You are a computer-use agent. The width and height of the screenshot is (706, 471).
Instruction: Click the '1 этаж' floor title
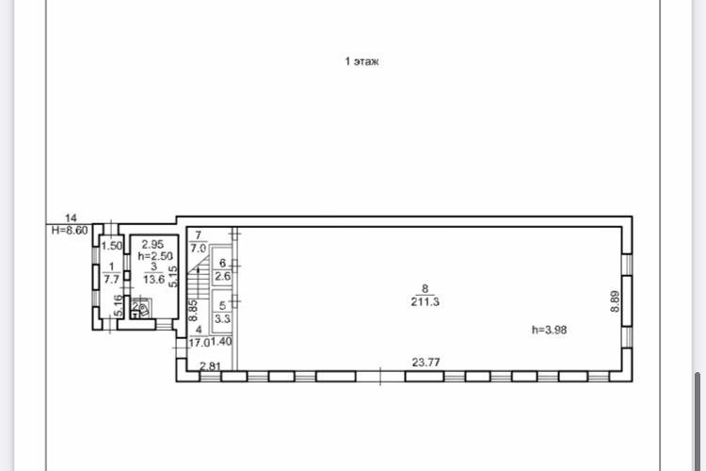coord(361,61)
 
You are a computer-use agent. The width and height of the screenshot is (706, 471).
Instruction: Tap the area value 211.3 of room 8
coord(425,302)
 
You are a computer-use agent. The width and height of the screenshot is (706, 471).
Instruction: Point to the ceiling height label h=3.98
coord(550,330)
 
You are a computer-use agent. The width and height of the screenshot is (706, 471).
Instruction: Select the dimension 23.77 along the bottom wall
coord(425,362)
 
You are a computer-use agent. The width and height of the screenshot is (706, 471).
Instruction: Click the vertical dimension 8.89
coord(615,301)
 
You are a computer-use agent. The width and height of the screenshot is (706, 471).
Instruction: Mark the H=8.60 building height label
coord(70,230)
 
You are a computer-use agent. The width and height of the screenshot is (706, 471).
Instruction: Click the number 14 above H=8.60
coord(71,219)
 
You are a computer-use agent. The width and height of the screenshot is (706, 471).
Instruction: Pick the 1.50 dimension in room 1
coord(112,246)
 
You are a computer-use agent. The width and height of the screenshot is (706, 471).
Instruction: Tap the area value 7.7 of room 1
coord(112,280)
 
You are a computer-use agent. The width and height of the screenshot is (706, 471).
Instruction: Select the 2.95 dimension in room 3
coord(152,244)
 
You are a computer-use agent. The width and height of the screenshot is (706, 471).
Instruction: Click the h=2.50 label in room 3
coord(155,256)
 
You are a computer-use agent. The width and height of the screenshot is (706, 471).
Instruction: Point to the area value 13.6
coord(153,280)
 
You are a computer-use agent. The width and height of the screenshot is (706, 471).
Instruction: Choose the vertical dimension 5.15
coord(173,276)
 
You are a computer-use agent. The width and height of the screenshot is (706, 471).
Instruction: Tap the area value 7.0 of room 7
coord(198,249)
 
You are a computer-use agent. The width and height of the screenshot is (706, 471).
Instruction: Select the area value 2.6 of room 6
coord(222,276)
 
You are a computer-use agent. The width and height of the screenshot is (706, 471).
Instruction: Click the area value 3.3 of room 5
coord(222,318)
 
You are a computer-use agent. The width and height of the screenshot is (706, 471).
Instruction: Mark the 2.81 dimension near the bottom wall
coord(210,366)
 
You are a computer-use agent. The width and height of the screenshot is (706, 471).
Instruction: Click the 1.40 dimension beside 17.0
coord(221,342)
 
